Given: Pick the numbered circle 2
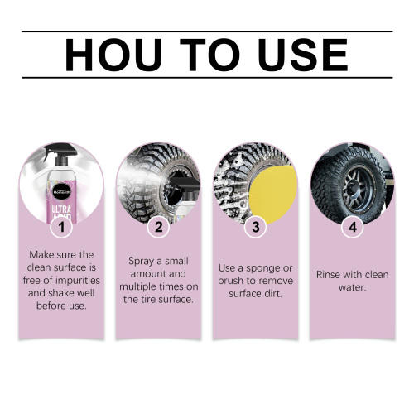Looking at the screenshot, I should click(158, 225).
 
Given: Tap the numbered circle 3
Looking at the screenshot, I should click(255, 225).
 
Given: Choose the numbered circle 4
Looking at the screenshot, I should click(354, 225).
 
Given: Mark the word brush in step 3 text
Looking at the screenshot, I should click(237, 282).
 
